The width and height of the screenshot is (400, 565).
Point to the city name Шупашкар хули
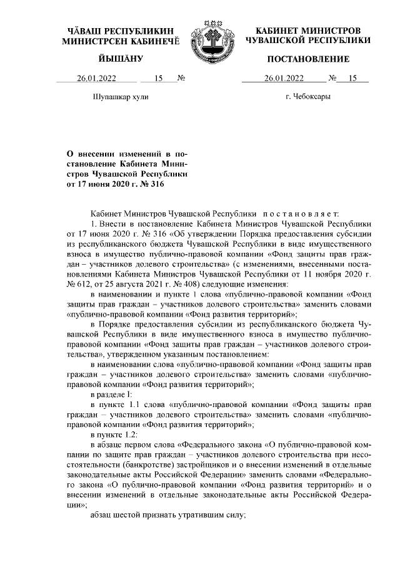121,97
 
